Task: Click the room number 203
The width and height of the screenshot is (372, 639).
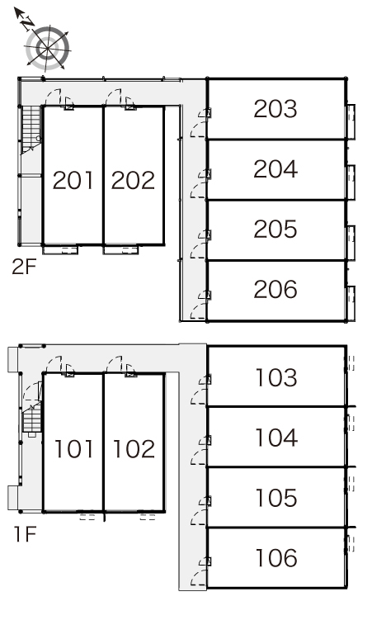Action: [x=275, y=109]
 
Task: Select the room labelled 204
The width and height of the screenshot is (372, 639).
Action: [x=275, y=169]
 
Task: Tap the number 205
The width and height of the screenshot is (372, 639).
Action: [x=275, y=229]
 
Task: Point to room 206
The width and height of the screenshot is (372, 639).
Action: [x=275, y=289]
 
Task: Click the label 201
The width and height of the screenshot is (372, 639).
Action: [x=73, y=180]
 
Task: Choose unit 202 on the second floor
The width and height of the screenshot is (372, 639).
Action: [x=133, y=180]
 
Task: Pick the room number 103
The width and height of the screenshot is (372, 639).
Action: [x=276, y=378]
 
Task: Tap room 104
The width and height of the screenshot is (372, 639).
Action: [x=276, y=438]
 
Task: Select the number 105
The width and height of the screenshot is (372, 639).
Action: [x=276, y=498]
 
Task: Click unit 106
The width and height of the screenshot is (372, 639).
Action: [x=276, y=558]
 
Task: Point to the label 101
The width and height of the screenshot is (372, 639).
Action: [x=73, y=448]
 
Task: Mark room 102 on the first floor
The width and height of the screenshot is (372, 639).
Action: [x=134, y=448]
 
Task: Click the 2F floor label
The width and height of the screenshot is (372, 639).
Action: [x=24, y=267]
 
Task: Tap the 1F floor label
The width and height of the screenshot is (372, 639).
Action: [x=26, y=534]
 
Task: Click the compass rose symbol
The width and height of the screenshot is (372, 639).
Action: [x=48, y=48]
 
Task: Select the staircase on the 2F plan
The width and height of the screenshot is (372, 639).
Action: [x=31, y=130]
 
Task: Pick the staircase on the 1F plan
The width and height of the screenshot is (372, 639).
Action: [x=32, y=419]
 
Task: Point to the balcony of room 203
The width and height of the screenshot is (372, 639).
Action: [x=351, y=122]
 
